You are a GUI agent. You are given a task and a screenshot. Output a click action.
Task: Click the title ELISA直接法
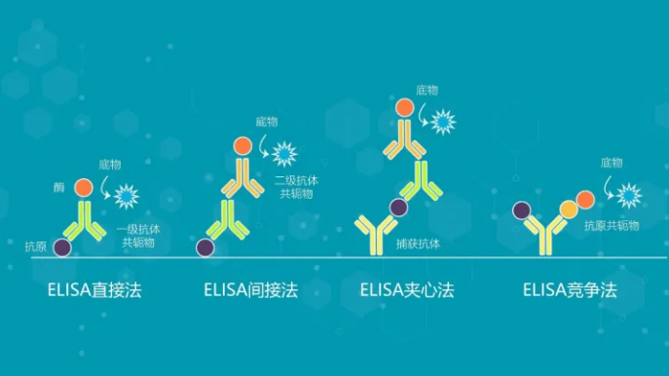(93, 290)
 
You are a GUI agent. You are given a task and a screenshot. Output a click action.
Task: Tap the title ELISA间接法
(250, 290)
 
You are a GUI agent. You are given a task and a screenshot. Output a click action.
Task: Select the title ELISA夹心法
(407, 290)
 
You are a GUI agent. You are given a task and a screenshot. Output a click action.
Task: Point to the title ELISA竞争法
(570, 290)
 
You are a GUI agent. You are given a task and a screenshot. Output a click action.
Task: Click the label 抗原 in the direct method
(35, 246)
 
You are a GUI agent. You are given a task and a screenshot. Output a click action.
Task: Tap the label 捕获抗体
(419, 244)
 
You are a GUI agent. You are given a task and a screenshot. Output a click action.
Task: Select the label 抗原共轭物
(612, 225)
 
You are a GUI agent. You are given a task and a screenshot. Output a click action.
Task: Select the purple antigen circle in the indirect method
(205, 247)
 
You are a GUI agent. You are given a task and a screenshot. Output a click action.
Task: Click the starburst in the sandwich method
(444, 122)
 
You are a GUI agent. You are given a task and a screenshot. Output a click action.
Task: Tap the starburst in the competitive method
(629, 195)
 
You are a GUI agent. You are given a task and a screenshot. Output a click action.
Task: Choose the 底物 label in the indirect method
(267, 122)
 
